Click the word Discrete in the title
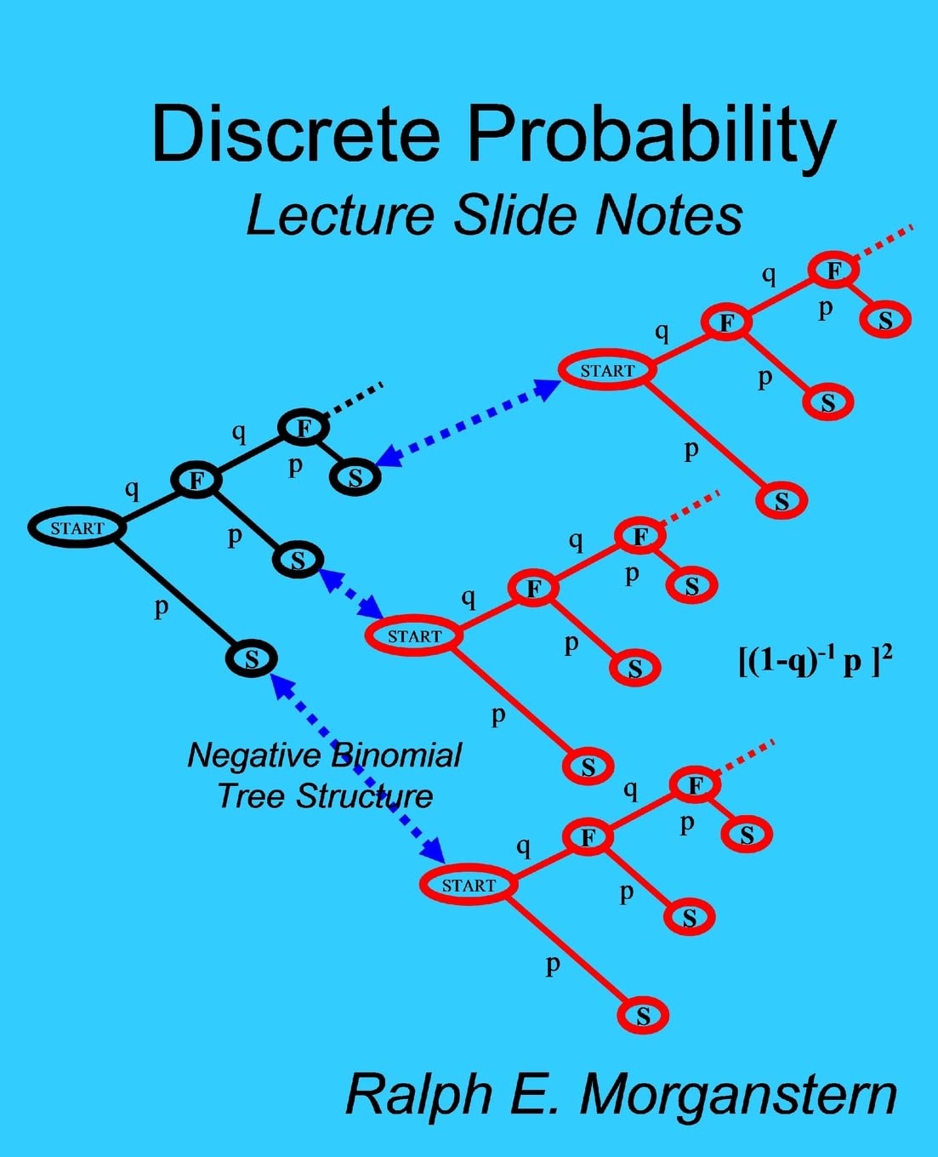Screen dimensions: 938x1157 coord(296,133)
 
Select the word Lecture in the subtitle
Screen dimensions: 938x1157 coord(340,215)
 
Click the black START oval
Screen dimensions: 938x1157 coord(77,527)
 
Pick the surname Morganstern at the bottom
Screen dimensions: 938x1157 coord(738,1095)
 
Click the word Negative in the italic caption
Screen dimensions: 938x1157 coord(254,756)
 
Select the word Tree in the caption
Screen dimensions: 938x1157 coord(253,796)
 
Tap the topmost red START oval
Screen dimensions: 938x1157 coord(607,370)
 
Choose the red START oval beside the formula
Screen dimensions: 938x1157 coord(414,635)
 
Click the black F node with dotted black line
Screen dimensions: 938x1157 coord(304,427)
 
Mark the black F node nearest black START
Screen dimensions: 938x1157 coord(196,480)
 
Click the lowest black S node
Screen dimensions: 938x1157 coord(252,658)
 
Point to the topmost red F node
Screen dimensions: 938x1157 coord(834,270)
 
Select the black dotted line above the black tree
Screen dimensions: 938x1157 coord(354,401)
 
